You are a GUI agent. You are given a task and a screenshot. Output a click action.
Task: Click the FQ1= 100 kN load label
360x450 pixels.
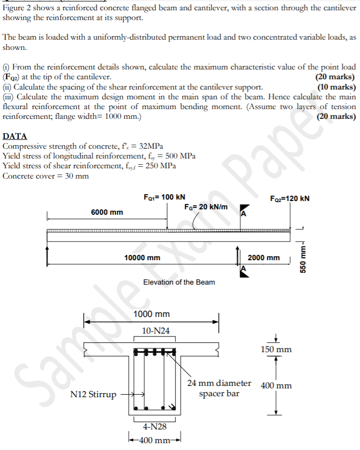[x=164, y=197]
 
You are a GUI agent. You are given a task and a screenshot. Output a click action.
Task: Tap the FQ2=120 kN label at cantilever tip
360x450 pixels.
[x=290, y=199]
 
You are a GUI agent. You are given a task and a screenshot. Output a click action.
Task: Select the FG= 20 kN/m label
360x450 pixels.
[x=206, y=207]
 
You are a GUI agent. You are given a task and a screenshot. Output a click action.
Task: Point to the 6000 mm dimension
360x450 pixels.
[x=107, y=212]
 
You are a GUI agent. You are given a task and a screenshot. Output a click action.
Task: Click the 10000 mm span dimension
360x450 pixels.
[x=142, y=258]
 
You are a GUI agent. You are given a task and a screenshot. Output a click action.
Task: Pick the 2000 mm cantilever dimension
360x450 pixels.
[x=264, y=258]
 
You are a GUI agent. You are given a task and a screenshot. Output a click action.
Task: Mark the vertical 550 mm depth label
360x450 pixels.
[x=303, y=256]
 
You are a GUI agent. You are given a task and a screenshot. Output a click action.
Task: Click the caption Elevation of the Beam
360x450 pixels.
[x=179, y=282]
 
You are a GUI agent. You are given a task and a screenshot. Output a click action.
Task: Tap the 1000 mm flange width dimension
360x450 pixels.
[x=151, y=314]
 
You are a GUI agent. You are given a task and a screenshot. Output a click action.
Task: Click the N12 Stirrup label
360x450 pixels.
[x=93, y=394]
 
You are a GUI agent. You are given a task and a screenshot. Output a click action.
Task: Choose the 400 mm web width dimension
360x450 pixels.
[x=155, y=439]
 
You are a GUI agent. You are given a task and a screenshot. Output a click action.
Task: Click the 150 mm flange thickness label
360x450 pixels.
[x=276, y=349]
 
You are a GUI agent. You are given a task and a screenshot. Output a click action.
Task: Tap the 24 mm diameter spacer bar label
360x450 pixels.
[x=219, y=388]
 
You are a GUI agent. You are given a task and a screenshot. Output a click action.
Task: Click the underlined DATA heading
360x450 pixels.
[x=15, y=136]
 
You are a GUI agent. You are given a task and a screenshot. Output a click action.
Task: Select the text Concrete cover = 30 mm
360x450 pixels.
[x=46, y=176]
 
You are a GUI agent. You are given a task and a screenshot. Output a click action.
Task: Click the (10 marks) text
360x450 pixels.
[x=337, y=88]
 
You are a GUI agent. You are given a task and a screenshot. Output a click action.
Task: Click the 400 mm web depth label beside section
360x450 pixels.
[x=276, y=385]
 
